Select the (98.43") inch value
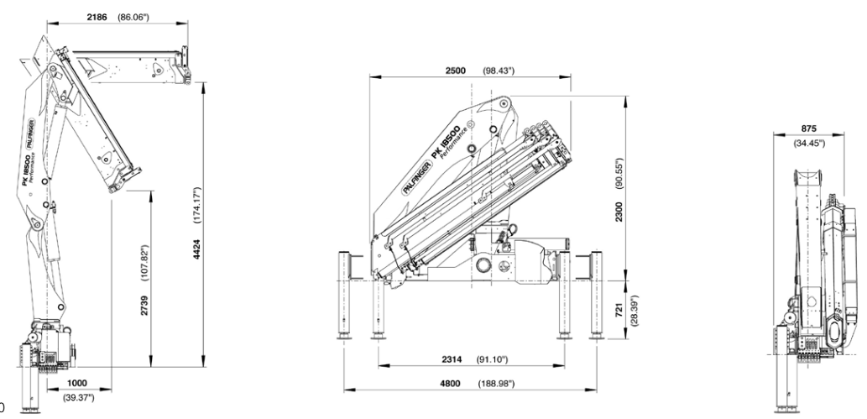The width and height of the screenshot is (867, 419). click(x=501, y=71)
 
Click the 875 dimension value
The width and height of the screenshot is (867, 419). click(x=809, y=128)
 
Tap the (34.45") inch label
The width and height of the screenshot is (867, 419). click(x=809, y=142)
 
